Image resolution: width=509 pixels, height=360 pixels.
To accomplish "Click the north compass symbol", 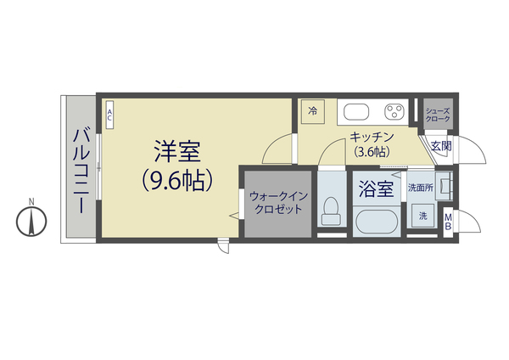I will click(31, 222).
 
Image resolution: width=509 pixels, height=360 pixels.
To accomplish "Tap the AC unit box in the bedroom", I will click(109, 115).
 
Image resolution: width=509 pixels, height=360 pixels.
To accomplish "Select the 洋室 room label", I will click(176, 153).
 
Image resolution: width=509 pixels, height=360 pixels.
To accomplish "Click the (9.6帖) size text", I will click(176, 180).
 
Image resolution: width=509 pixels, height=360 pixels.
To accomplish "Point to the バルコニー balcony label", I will click(81, 169).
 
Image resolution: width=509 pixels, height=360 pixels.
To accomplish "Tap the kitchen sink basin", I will click(353, 111).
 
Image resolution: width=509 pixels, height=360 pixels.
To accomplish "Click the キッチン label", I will click(372, 138).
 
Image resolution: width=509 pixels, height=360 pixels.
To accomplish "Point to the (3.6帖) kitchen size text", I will click(372, 152).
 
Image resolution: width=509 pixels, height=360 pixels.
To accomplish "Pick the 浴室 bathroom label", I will click(375, 188).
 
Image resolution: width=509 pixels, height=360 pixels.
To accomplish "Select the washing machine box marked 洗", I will click(422, 217).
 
